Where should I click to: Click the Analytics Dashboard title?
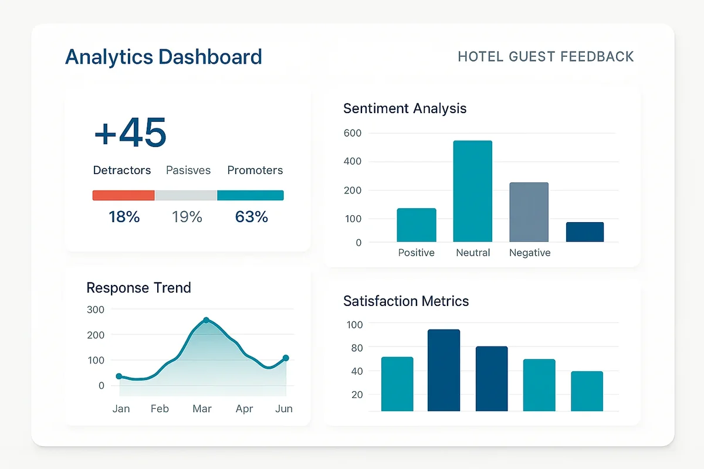click(163, 57)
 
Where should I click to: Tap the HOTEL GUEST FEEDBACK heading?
click(546, 57)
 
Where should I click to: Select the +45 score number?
click(130, 132)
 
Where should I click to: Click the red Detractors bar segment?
click(123, 195)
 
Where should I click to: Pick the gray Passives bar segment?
click(185, 195)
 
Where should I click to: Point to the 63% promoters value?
click(251, 217)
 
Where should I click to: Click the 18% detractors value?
click(124, 217)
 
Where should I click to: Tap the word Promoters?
click(255, 171)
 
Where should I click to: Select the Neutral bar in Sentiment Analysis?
click(472, 191)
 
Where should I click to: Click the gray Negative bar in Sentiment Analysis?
click(529, 212)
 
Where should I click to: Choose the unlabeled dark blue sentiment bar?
click(584, 232)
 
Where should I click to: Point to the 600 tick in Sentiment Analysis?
click(353, 133)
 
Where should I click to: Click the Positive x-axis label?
click(416, 253)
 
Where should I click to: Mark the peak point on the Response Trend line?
click(206, 320)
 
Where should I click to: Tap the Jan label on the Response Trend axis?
click(121, 409)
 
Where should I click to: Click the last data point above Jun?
click(286, 358)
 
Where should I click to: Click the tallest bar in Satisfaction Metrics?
click(444, 370)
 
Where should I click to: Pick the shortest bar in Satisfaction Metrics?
click(587, 391)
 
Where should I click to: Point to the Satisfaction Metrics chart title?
click(406, 301)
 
